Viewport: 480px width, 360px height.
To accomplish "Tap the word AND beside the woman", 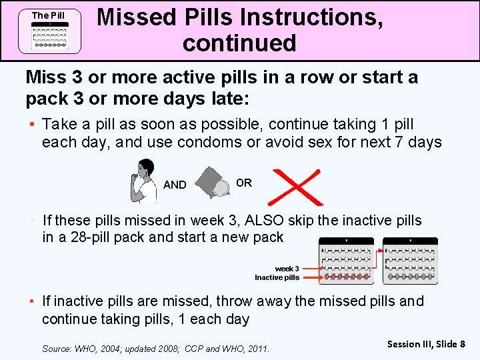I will (175, 185).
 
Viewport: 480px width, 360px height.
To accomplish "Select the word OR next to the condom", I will (244, 183).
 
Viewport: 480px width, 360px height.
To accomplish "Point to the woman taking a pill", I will (143, 181).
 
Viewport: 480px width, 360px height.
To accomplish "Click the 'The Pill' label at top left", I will (49, 15).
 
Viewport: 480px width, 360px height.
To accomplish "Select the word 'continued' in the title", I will (239, 43).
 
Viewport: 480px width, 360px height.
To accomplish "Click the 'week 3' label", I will (287, 269).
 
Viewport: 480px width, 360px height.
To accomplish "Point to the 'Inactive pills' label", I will (277, 277).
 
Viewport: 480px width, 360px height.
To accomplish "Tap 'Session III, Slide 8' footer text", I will (426, 344).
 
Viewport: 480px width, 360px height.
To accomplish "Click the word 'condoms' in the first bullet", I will (219, 142).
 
